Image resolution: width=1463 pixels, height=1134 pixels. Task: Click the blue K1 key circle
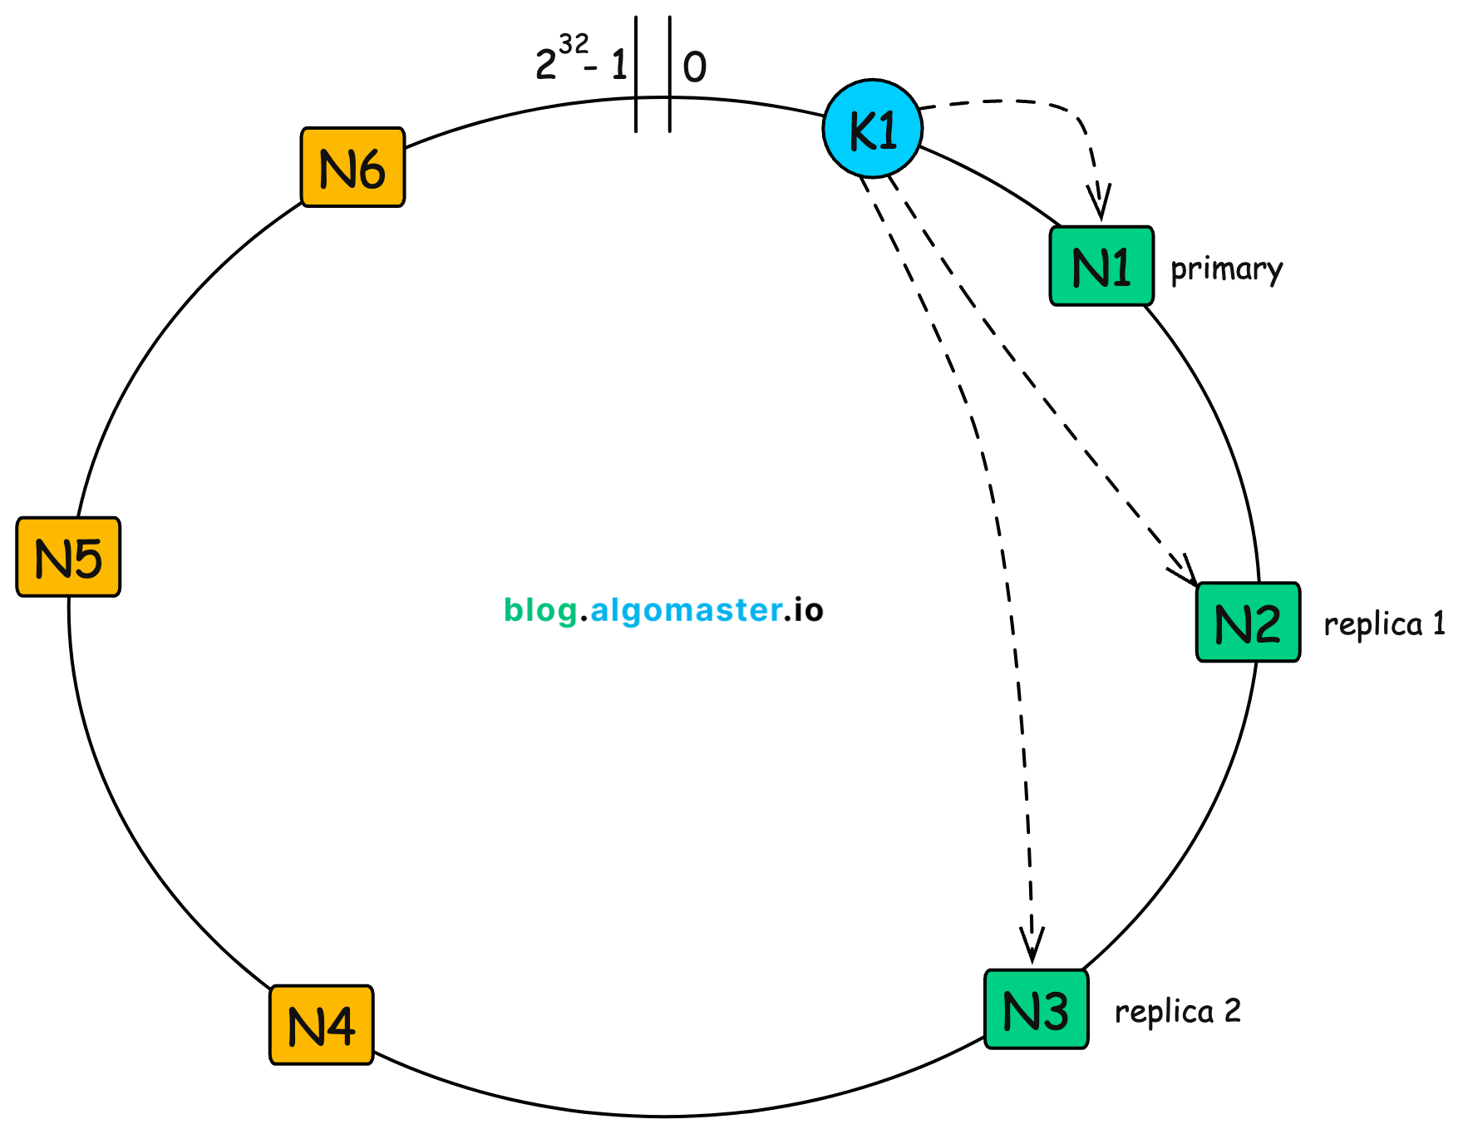(x=873, y=129)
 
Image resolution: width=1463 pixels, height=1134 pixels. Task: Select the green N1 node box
(x=1101, y=266)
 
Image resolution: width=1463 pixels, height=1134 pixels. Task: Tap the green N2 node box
(x=1248, y=622)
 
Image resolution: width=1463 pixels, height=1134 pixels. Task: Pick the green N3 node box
(x=1036, y=1009)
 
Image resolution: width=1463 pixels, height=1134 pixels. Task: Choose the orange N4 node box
(x=321, y=1025)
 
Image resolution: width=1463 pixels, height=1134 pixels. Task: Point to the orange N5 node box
(x=69, y=557)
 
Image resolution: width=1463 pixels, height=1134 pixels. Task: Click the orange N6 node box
(x=352, y=167)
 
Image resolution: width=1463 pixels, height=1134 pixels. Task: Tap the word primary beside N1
(x=1226, y=269)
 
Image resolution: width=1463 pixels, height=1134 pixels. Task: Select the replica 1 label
(x=1384, y=624)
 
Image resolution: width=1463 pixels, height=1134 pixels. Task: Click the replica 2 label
(x=1177, y=1011)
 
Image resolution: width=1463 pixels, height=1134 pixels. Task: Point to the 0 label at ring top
(x=695, y=67)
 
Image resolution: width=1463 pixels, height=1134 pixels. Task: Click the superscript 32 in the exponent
(x=574, y=43)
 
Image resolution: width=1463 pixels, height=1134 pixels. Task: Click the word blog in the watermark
(x=541, y=610)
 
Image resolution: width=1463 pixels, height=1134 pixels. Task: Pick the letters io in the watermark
(x=807, y=610)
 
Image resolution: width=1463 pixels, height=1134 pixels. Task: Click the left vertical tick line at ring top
(x=636, y=75)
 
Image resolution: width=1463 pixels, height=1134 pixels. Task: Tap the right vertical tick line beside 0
(x=670, y=75)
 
